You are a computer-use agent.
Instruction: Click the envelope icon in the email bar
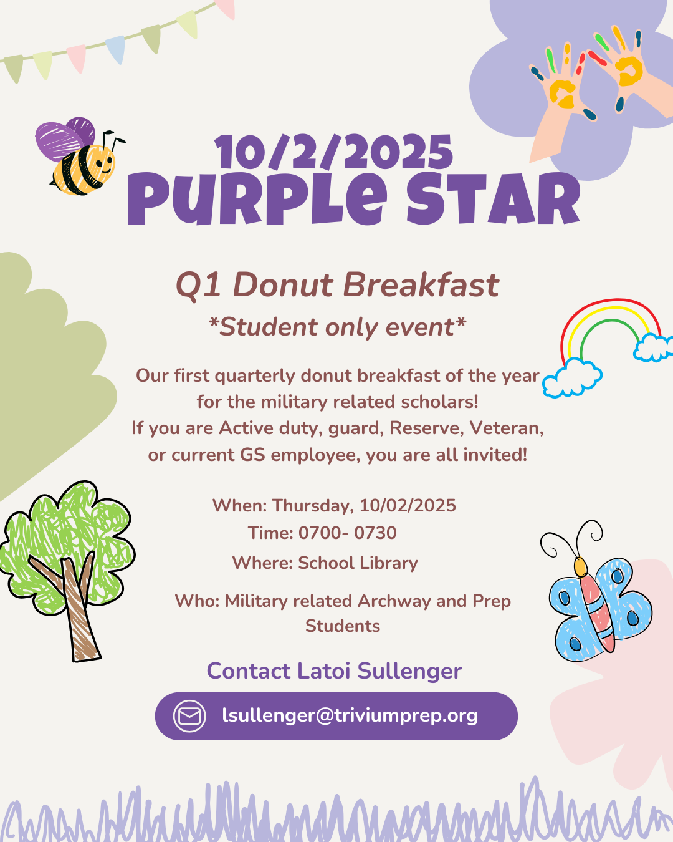189,716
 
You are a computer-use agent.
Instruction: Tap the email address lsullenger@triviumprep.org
350,715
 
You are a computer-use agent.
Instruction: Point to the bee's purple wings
65,138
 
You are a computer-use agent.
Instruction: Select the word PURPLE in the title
257,199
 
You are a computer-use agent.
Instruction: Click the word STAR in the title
493,199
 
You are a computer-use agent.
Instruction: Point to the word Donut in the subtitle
284,285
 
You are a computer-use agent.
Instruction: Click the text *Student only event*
337,327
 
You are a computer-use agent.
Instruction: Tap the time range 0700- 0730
348,533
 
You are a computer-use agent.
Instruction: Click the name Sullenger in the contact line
409,672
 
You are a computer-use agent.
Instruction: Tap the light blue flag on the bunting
116,49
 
